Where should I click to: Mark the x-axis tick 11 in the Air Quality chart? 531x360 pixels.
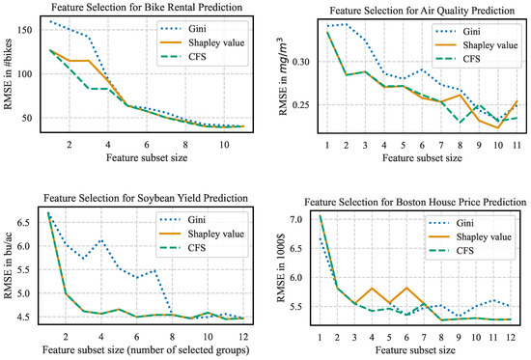(x=519, y=146)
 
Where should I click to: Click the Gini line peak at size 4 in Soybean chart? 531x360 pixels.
(x=101, y=241)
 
